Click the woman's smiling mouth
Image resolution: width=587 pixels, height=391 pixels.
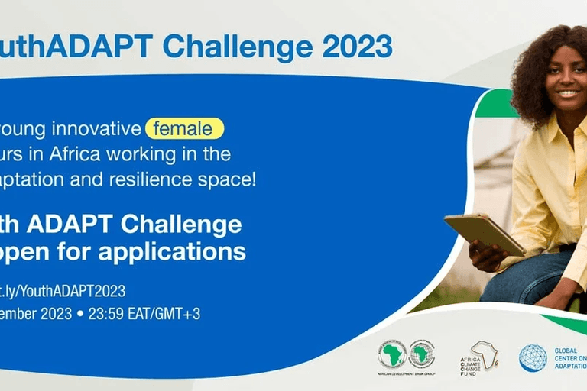pos(568,94)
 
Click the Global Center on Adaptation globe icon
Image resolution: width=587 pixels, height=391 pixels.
pos(533,357)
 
